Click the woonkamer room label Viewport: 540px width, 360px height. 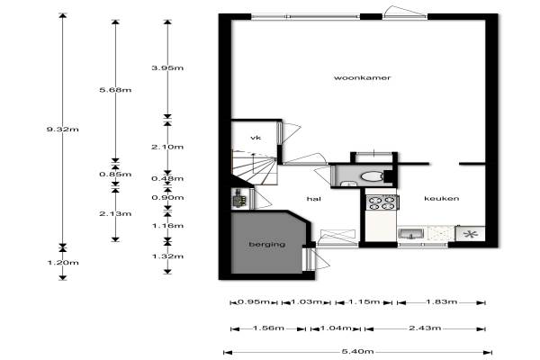pyautogui.click(x=363, y=78)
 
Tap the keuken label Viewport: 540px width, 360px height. pyautogui.click(x=442, y=198)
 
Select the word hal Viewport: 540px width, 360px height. pyautogui.click(x=314, y=199)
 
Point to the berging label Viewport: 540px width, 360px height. pyautogui.click(x=267, y=244)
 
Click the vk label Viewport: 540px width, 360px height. pyautogui.click(x=256, y=138)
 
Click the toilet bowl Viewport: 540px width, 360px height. pyautogui.click(x=372, y=176)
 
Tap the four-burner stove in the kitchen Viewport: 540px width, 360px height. pyautogui.click(x=382, y=202)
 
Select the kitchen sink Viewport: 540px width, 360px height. pyautogui.click(x=412, y=234)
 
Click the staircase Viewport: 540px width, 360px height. pyautogui.click(x=254, y=166)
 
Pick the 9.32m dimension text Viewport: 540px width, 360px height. pyautogui.click(x=63, y=130)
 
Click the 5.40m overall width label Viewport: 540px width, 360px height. pyautogui.click(x=358, y=351)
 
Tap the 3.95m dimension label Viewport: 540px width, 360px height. pyautogui.click(x=167, y=67)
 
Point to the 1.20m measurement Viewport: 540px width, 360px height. pyautogui.click(x=63, y=263)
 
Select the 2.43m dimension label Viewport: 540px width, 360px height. pyautogui.click(x=425, y=328)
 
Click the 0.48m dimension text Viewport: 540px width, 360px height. pyautogui.click(x=167, y=178)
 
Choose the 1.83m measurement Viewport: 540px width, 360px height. pyautogui.click(x=442, y=302)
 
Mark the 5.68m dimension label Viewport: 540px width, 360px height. pyautogui.click(x=115, y=90)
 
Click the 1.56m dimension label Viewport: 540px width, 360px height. pyautogui.click(x=268, y=328)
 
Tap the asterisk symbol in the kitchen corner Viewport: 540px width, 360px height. pyautogui.click(x=470, y=234)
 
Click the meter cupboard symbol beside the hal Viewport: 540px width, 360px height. pyautogui.click(x=240, y=199)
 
